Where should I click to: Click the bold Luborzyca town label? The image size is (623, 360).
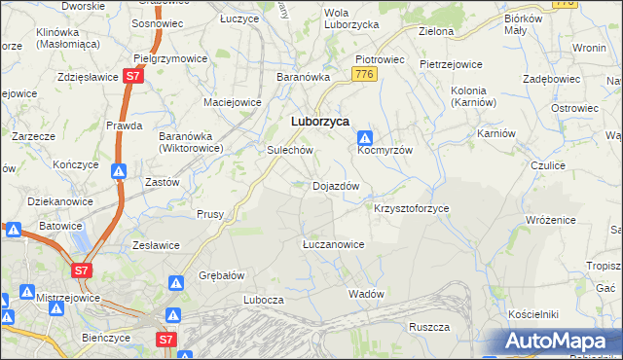(321, 122)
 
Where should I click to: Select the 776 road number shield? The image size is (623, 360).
(365, 75)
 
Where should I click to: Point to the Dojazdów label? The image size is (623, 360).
(337, 186)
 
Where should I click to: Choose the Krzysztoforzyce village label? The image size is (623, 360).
(412, 209)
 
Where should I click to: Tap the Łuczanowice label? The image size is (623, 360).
(333, 244)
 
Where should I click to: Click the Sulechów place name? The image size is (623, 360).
(289, 151)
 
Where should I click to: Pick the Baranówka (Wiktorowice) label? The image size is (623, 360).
(192, 142)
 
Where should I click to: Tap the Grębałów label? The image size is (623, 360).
(221, 275)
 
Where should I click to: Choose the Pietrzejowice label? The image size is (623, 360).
(451, 64)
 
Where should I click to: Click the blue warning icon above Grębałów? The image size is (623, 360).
(176, 283)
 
